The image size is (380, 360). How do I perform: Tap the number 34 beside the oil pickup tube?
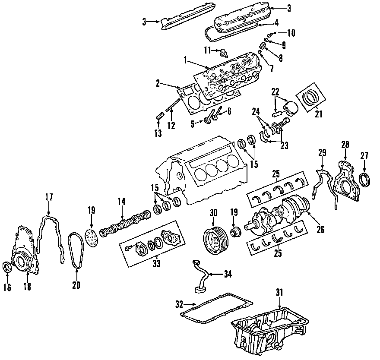pos(228,274)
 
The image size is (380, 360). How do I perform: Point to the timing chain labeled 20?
pos(76,250)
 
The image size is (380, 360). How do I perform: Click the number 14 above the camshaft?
pos(122,201)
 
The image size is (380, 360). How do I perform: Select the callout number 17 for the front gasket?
pos(49,197)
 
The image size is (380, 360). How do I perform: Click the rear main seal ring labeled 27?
pos(365,179)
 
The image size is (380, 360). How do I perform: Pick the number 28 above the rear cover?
pos(345,144)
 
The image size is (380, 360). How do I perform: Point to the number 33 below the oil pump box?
pos(156,264)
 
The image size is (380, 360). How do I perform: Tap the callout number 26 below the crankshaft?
pos(320,230)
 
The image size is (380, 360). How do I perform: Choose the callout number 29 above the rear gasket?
pos(323,153)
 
